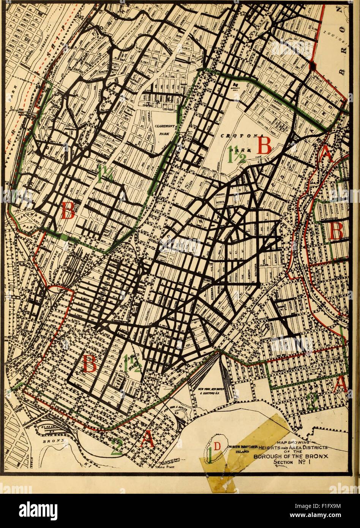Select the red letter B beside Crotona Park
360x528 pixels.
coord(264,145)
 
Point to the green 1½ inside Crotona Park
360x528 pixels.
coord(237,154)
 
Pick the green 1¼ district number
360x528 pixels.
coord(104,173)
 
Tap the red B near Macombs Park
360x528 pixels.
coord(68,210)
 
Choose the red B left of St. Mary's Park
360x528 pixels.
coord(90,364)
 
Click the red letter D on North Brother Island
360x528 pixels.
coord(216,446)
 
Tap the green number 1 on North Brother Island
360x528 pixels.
coord(209,456)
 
